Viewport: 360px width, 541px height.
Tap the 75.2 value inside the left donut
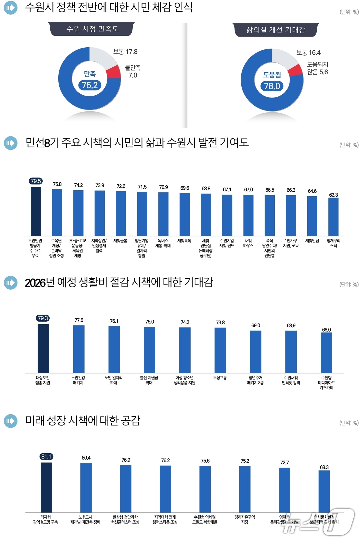[x=90, y=85]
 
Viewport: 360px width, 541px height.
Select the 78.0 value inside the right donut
[x=272, y=86]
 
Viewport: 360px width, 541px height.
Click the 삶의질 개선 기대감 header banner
[x=276, y=30]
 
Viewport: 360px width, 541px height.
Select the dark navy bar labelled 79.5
[x=36, y=211]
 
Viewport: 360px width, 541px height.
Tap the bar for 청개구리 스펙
[x=333, y=217]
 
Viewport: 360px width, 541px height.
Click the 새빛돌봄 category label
[x=120, y=241]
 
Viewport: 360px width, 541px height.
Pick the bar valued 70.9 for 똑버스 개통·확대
[x=163, y=214]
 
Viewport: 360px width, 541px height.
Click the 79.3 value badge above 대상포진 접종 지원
[x=43, y=318]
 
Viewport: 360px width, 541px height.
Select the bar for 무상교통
[x=220, y=350]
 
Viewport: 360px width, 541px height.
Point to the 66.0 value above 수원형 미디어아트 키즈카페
[x=326, y=330]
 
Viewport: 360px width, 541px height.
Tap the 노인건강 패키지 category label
[x=78, y=380]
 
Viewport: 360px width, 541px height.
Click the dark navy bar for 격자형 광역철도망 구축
[x=46, y=487]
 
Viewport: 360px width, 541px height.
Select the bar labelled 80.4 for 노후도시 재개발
[x=86, y=487]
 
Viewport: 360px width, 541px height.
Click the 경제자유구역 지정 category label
[x=245, y=519]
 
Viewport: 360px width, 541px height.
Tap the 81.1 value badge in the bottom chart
[x=46, y=457]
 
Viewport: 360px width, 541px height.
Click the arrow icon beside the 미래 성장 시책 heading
[x=11, y=421]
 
